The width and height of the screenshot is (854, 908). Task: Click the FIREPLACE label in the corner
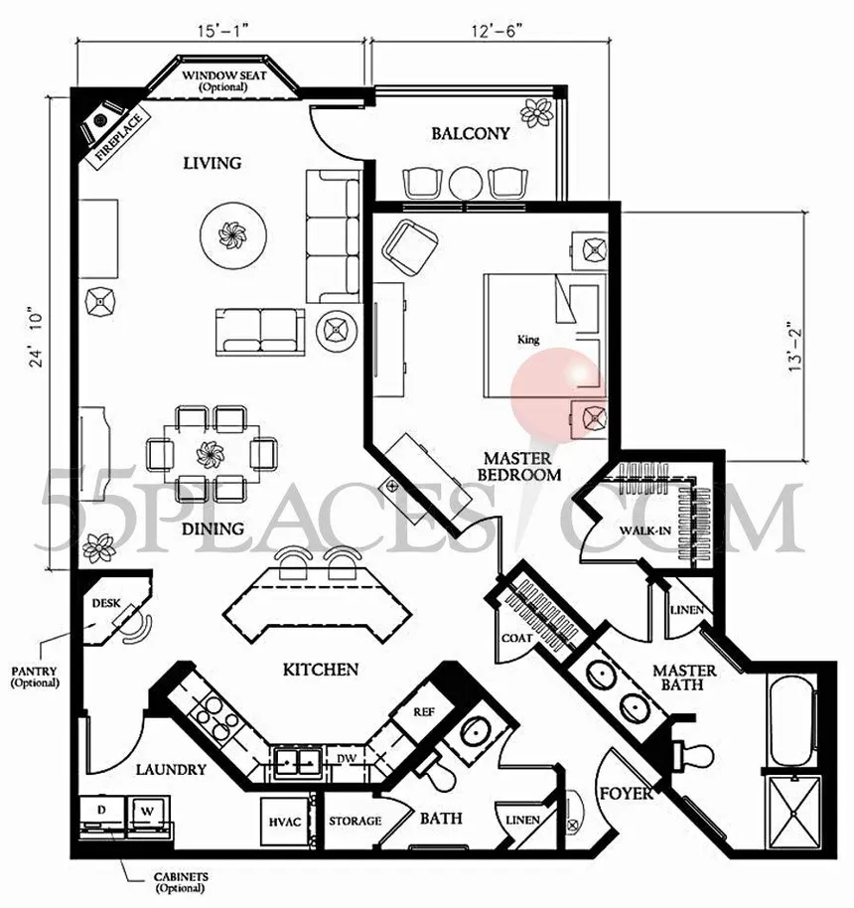click(119, 138)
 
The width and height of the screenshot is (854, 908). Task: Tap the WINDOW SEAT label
click(224, 76)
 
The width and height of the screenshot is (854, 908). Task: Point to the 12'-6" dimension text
click(494, 30)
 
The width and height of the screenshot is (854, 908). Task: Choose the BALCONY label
click(471, 134)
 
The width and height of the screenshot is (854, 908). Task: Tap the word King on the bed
click(528, 340)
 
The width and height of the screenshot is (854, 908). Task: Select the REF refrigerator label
click(424, 711)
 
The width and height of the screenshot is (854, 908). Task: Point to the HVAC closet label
click(285, 823)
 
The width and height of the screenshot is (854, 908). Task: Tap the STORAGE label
click(355, 822)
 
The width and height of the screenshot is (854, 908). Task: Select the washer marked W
click(148, 813)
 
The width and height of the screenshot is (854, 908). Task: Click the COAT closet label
click(517, 638)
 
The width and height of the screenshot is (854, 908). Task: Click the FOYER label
click(627, 794)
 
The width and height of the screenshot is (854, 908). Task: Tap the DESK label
click(106, 603)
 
